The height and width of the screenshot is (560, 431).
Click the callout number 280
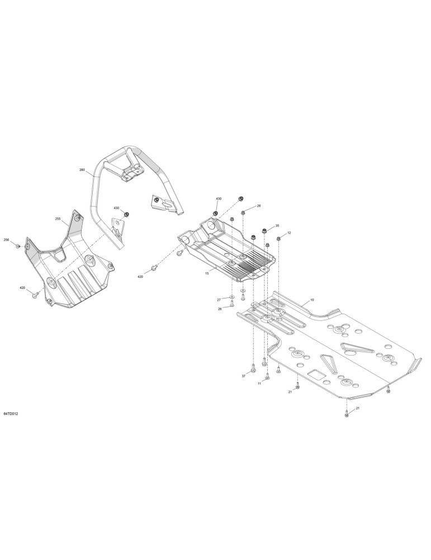(x=82, y=170)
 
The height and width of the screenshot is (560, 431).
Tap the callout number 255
(x=58, y=218)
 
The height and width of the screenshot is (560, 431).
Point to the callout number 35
(x=277, y=226)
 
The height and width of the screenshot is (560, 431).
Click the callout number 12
(x=289, y=232)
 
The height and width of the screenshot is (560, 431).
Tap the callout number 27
(x=219, y=299)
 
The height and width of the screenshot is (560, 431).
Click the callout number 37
(x=244, y=376)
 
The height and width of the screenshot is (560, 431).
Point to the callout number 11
(x=259, y=383)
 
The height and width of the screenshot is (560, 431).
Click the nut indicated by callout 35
(x=265, y=230)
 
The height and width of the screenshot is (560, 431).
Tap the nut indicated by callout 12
(x=278, y=238)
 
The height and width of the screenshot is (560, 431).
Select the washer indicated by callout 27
(x=231, y=297)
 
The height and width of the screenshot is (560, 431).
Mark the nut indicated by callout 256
(x=18, y=246)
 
